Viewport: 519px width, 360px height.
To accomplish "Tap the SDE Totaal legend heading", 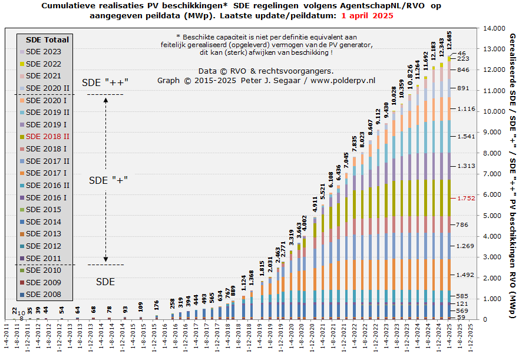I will tap(48, 39).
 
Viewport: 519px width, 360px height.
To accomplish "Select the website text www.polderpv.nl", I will tap(343, 80).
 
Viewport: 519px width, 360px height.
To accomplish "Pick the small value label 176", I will tap(157, 303).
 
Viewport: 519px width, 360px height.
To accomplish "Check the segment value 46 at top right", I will tap(462, 53).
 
